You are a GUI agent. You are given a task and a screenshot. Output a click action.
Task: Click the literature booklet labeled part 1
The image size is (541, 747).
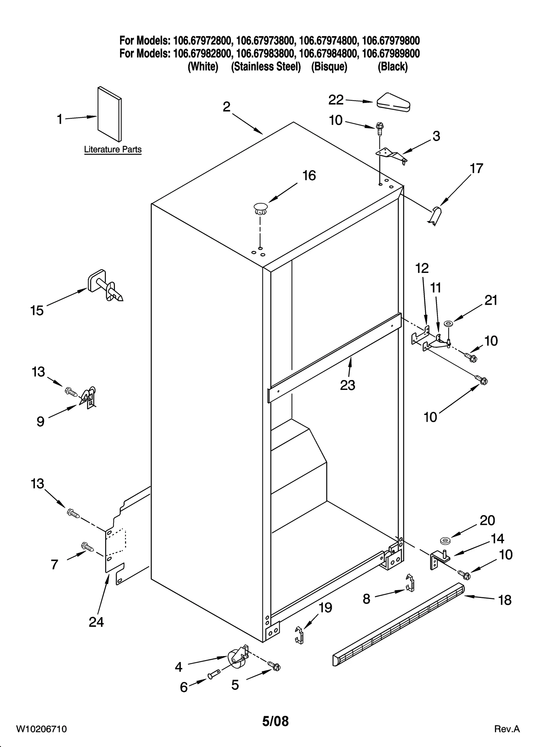109,114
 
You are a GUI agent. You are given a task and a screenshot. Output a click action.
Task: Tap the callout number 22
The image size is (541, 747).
336,100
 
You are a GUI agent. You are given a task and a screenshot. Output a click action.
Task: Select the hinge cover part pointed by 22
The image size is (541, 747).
393,102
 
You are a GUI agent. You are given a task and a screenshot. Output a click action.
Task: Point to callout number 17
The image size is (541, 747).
476,168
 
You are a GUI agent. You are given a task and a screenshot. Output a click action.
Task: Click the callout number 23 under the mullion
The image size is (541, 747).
348,385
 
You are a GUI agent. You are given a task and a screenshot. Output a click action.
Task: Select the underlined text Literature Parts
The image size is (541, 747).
113,149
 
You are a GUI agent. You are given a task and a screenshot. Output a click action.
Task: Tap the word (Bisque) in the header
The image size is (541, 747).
329,67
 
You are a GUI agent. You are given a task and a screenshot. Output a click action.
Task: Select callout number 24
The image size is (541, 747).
96,622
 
